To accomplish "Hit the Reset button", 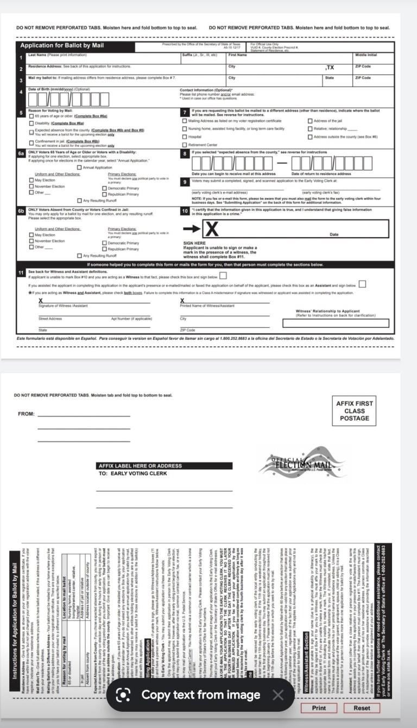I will point(362,708).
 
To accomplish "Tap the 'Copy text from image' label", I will point(201,695).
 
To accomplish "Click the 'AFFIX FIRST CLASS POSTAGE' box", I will point(355,411).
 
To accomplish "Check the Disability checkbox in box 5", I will point(31,123).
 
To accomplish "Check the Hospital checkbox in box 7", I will point(185,137).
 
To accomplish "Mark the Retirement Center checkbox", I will point(185,145).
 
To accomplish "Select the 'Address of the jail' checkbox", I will point(310,121).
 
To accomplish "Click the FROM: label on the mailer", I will point(26,414).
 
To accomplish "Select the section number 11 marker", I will point(20,271).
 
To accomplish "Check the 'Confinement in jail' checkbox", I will point(31,142).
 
